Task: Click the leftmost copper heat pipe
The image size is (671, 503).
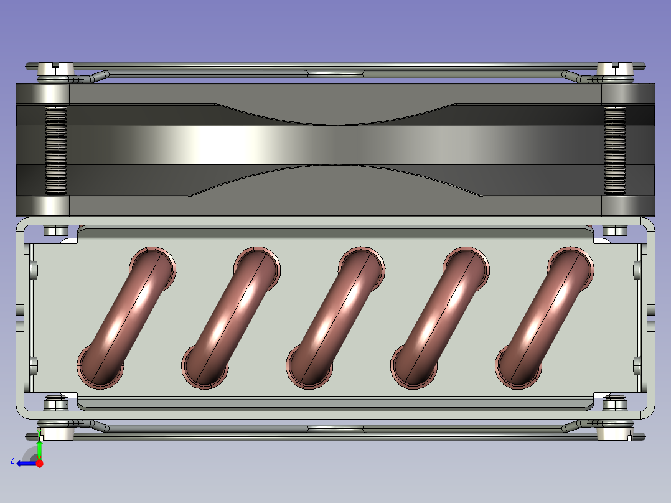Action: click(x=126, y=317)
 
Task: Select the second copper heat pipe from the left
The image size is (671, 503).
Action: click(x=231, y=317)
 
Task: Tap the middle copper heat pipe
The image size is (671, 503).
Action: click(x=335, y=317)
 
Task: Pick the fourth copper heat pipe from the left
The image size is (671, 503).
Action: click(x=440, y=317)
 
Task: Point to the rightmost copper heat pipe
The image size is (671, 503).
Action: click(x=544, y=317)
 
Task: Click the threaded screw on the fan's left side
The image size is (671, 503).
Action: click(x=55, y=151)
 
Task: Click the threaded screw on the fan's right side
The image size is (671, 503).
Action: click(x=615, y=151)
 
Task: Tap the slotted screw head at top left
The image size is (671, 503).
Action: click(x=55, y=68)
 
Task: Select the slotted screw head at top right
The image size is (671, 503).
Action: click(x=615, y=68)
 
